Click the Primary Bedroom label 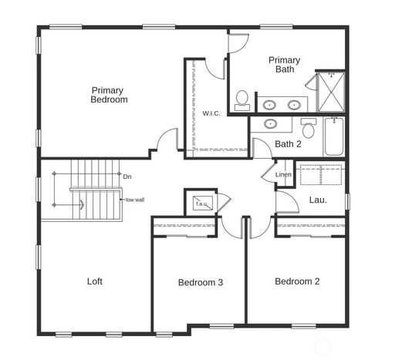coord(109,95)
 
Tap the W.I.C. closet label coord(211,113)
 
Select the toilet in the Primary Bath coord(241,100)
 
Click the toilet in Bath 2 coord(309,128)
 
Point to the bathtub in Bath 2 coord(334,136)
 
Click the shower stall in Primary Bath coord(331,92)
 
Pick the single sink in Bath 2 coord(272,123)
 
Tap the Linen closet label coord(283,174)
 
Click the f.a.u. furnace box coord(203,204)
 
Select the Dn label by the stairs coord(127,177)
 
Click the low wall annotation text coord(135,200)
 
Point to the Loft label coord(95,281)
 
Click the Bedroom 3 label coord(201,282)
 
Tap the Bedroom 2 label coord(297,281)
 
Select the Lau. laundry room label coord(318,200)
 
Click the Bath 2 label coord(288,144)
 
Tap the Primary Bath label coord(285,65)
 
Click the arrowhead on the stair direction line coord(82,205)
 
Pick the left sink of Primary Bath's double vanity coord(269,105)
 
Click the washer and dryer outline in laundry coord(321,175)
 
